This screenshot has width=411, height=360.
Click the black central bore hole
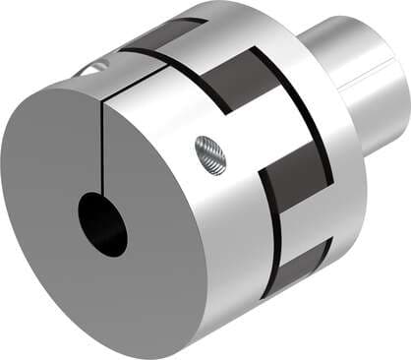(103, 224)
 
